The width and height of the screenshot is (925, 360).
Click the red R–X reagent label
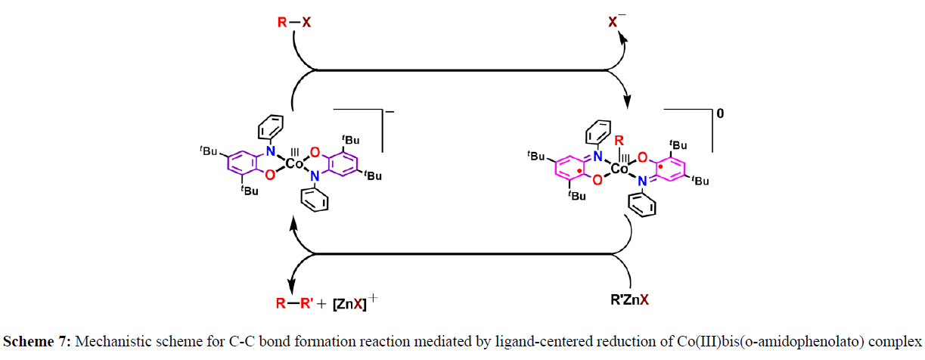[x=291, y=23]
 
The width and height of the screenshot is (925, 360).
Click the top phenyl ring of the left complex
[x=275, y=126]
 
